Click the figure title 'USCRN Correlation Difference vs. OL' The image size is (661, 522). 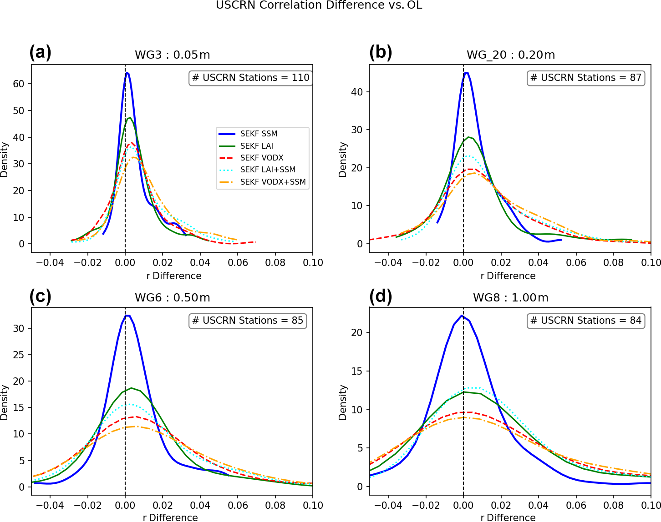point(319,5)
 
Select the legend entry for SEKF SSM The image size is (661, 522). point(259,134)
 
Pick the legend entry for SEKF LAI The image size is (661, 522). point(257,146)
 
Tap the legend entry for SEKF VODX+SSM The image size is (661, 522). point(273,182)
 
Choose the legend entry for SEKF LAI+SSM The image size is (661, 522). point(268,170)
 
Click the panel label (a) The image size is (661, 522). point(40,53)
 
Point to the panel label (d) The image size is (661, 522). point(381,296)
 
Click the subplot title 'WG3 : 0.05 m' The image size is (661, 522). point(172,55)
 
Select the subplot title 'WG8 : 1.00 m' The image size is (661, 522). point(510,298)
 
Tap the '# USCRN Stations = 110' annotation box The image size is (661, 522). point(250,78)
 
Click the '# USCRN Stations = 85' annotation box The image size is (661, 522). point(247,321)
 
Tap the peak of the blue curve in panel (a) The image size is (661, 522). point(127,73)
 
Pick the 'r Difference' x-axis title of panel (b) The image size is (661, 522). point(508,276)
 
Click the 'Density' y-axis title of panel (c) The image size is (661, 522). point(5,402)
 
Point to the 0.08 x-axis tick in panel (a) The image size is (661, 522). point(275,263)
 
